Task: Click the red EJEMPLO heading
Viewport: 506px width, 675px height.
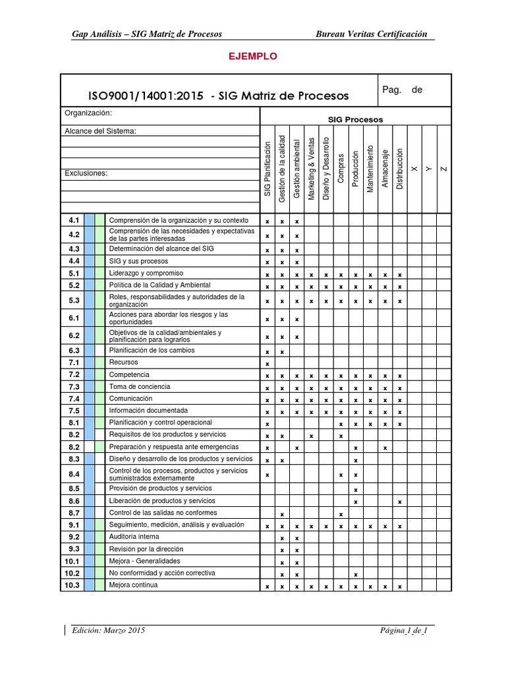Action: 253,57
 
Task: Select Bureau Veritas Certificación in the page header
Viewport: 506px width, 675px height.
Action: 372,34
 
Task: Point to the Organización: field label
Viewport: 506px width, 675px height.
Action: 88,113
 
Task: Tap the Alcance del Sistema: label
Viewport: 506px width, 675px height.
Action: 100,131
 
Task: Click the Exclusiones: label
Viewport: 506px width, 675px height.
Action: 86,173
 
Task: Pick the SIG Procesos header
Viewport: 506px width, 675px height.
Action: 355,120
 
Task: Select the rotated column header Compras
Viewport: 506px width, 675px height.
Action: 341,169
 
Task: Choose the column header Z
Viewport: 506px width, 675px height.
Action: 443,169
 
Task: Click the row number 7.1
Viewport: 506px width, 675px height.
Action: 73,363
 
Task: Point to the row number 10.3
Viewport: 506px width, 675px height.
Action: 73,585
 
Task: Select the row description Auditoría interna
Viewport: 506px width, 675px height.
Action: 134,537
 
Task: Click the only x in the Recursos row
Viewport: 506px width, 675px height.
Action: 267,364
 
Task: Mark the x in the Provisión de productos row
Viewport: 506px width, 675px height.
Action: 356,490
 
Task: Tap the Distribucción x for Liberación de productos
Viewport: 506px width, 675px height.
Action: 400,502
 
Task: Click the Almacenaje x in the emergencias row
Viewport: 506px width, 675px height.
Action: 385,448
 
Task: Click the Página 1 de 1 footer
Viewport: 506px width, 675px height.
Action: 404,631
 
